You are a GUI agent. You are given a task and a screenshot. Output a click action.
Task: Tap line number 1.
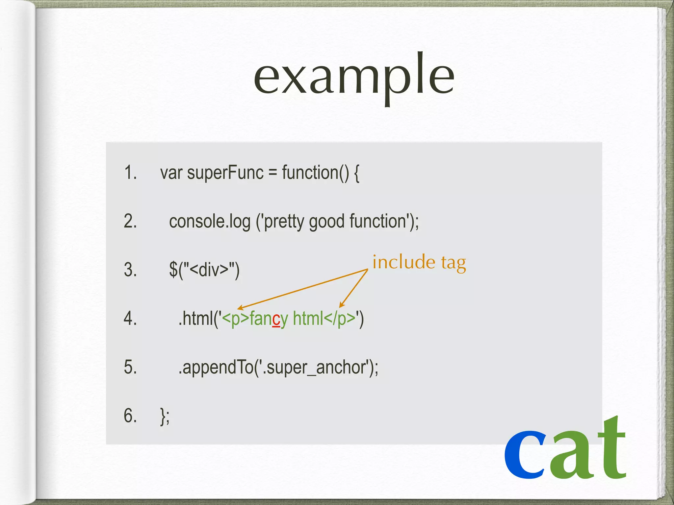click(130, 172)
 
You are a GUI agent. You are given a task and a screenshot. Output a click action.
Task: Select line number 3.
click(130, 270)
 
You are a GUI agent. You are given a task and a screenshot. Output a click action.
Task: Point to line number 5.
click(130, 367)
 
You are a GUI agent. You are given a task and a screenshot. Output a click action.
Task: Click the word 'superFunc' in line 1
click(225, 173)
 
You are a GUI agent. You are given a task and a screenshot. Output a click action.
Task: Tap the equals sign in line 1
click(272, 173)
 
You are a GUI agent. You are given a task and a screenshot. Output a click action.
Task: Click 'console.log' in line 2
click(210, 221)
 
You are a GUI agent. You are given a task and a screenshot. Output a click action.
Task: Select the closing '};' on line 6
click(165, 416)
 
